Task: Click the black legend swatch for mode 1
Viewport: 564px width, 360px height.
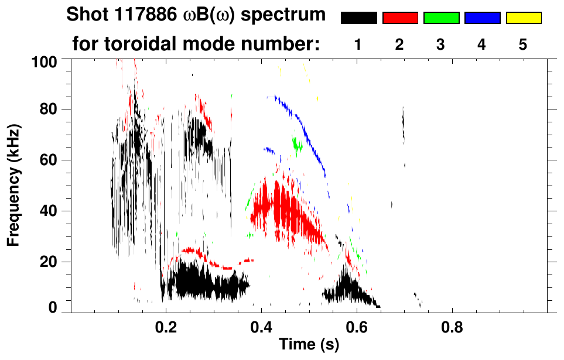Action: (359, 18)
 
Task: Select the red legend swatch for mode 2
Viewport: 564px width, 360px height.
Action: (400, 18)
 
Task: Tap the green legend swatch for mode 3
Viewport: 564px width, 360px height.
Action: (441, 18)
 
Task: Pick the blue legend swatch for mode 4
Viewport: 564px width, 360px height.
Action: (482, 18)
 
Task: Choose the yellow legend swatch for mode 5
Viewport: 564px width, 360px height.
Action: (523, 18)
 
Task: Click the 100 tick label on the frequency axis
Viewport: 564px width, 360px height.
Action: (45, 60)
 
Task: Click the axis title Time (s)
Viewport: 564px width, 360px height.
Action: (308, 345)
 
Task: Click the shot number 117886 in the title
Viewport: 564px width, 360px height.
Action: (129, 15)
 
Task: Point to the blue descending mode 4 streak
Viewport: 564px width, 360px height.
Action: (305, 132)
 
